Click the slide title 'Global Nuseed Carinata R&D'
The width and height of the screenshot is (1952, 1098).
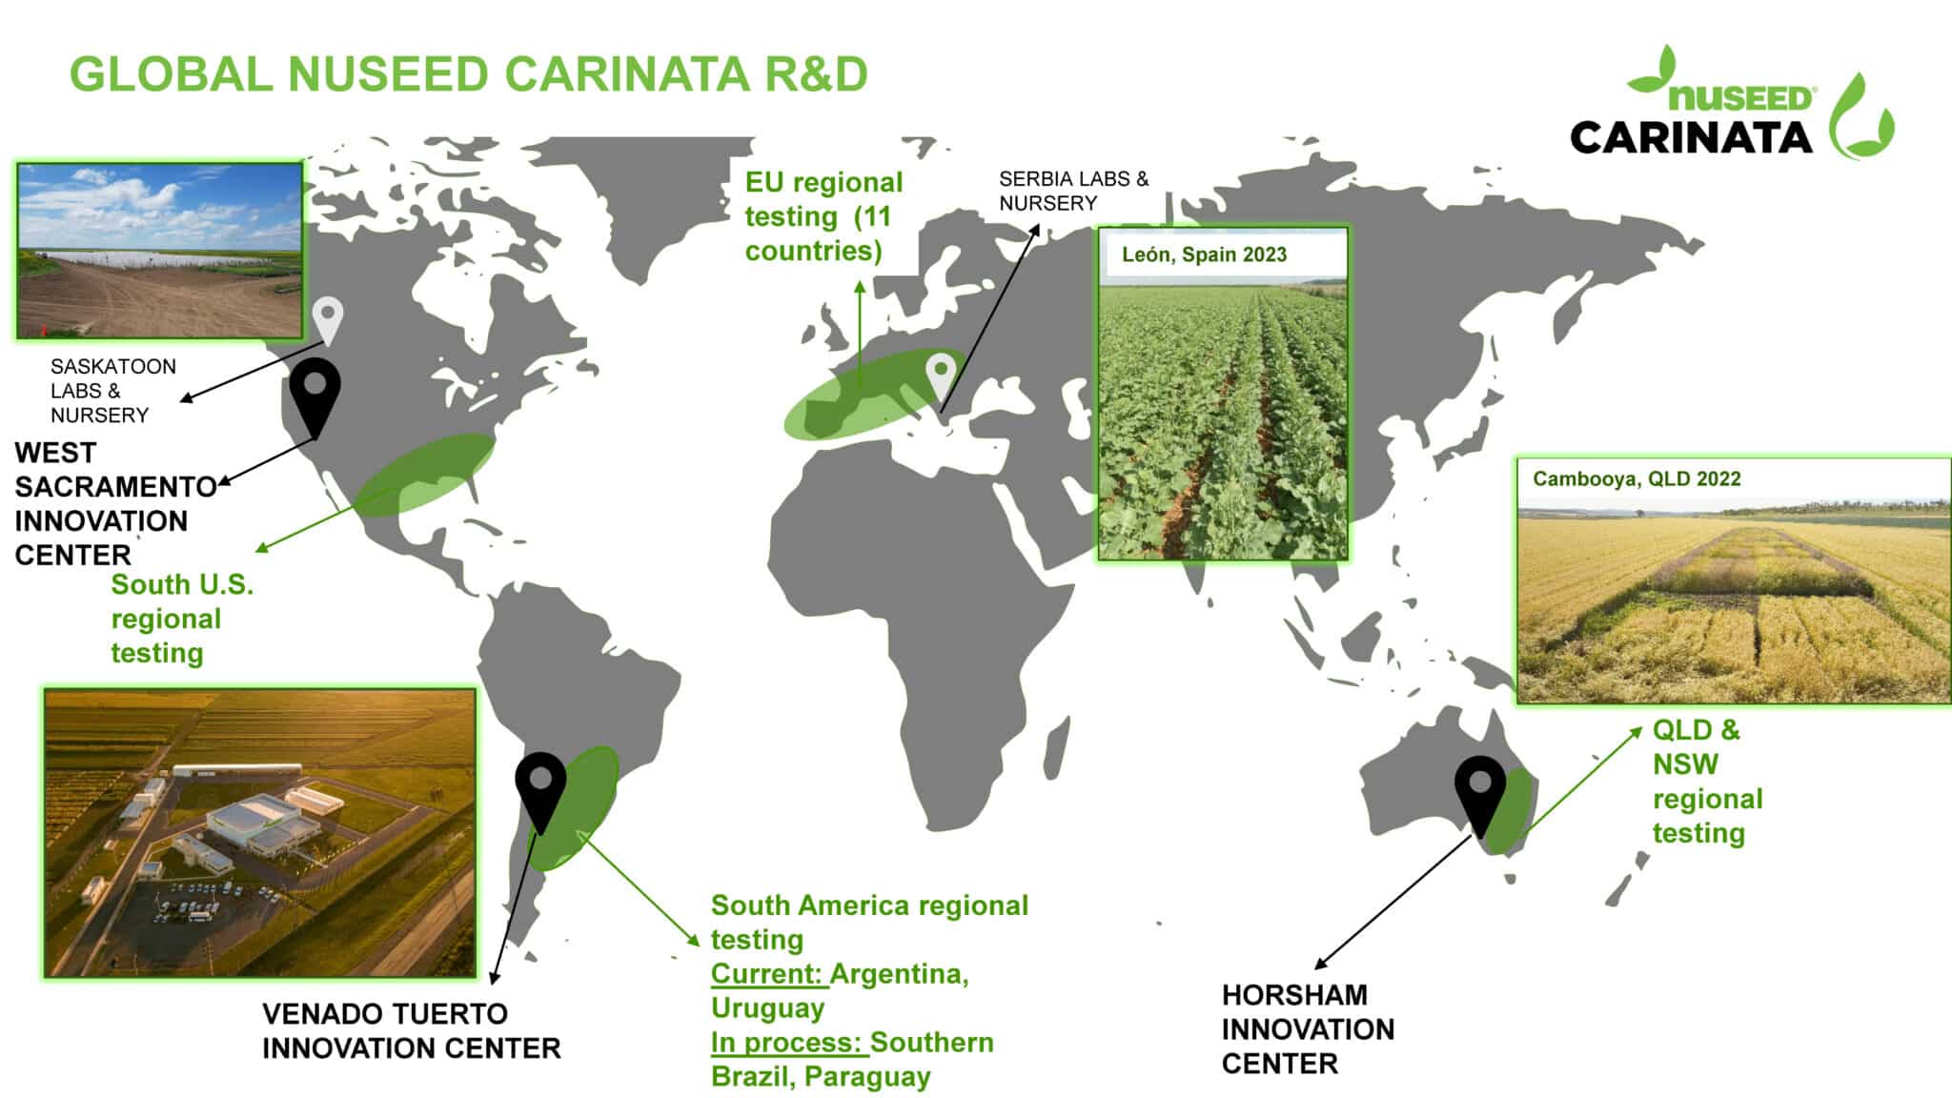click(468, 74)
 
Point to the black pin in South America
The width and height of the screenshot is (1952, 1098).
click(540, 786)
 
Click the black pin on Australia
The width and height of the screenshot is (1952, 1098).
click(1479, 791)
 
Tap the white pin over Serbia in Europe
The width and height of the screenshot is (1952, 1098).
click(942, 374)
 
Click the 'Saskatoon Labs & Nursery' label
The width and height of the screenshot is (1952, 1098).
click(112, 391)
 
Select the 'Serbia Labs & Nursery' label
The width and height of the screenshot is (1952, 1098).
click(1073, 191)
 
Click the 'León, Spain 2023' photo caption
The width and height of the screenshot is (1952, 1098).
click(1204, 254)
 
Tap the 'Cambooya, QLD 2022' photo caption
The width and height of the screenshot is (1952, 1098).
click(1636, 478)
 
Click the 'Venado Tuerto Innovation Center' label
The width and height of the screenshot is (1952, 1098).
click(411, 1030)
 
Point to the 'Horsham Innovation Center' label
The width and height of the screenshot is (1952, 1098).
click(1307, 1028)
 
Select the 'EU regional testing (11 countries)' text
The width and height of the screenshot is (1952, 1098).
click(823, 216)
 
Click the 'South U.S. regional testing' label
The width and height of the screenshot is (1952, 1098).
click(181, 619)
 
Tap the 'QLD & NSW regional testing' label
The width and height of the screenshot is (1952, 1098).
click(1706, 781)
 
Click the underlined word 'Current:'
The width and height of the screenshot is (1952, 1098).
click(768, 974)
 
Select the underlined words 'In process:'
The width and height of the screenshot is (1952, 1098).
click(788, 1043)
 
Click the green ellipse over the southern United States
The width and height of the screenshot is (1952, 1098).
click(424, 475)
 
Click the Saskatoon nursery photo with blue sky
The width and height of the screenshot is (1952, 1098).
click(160, 251)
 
